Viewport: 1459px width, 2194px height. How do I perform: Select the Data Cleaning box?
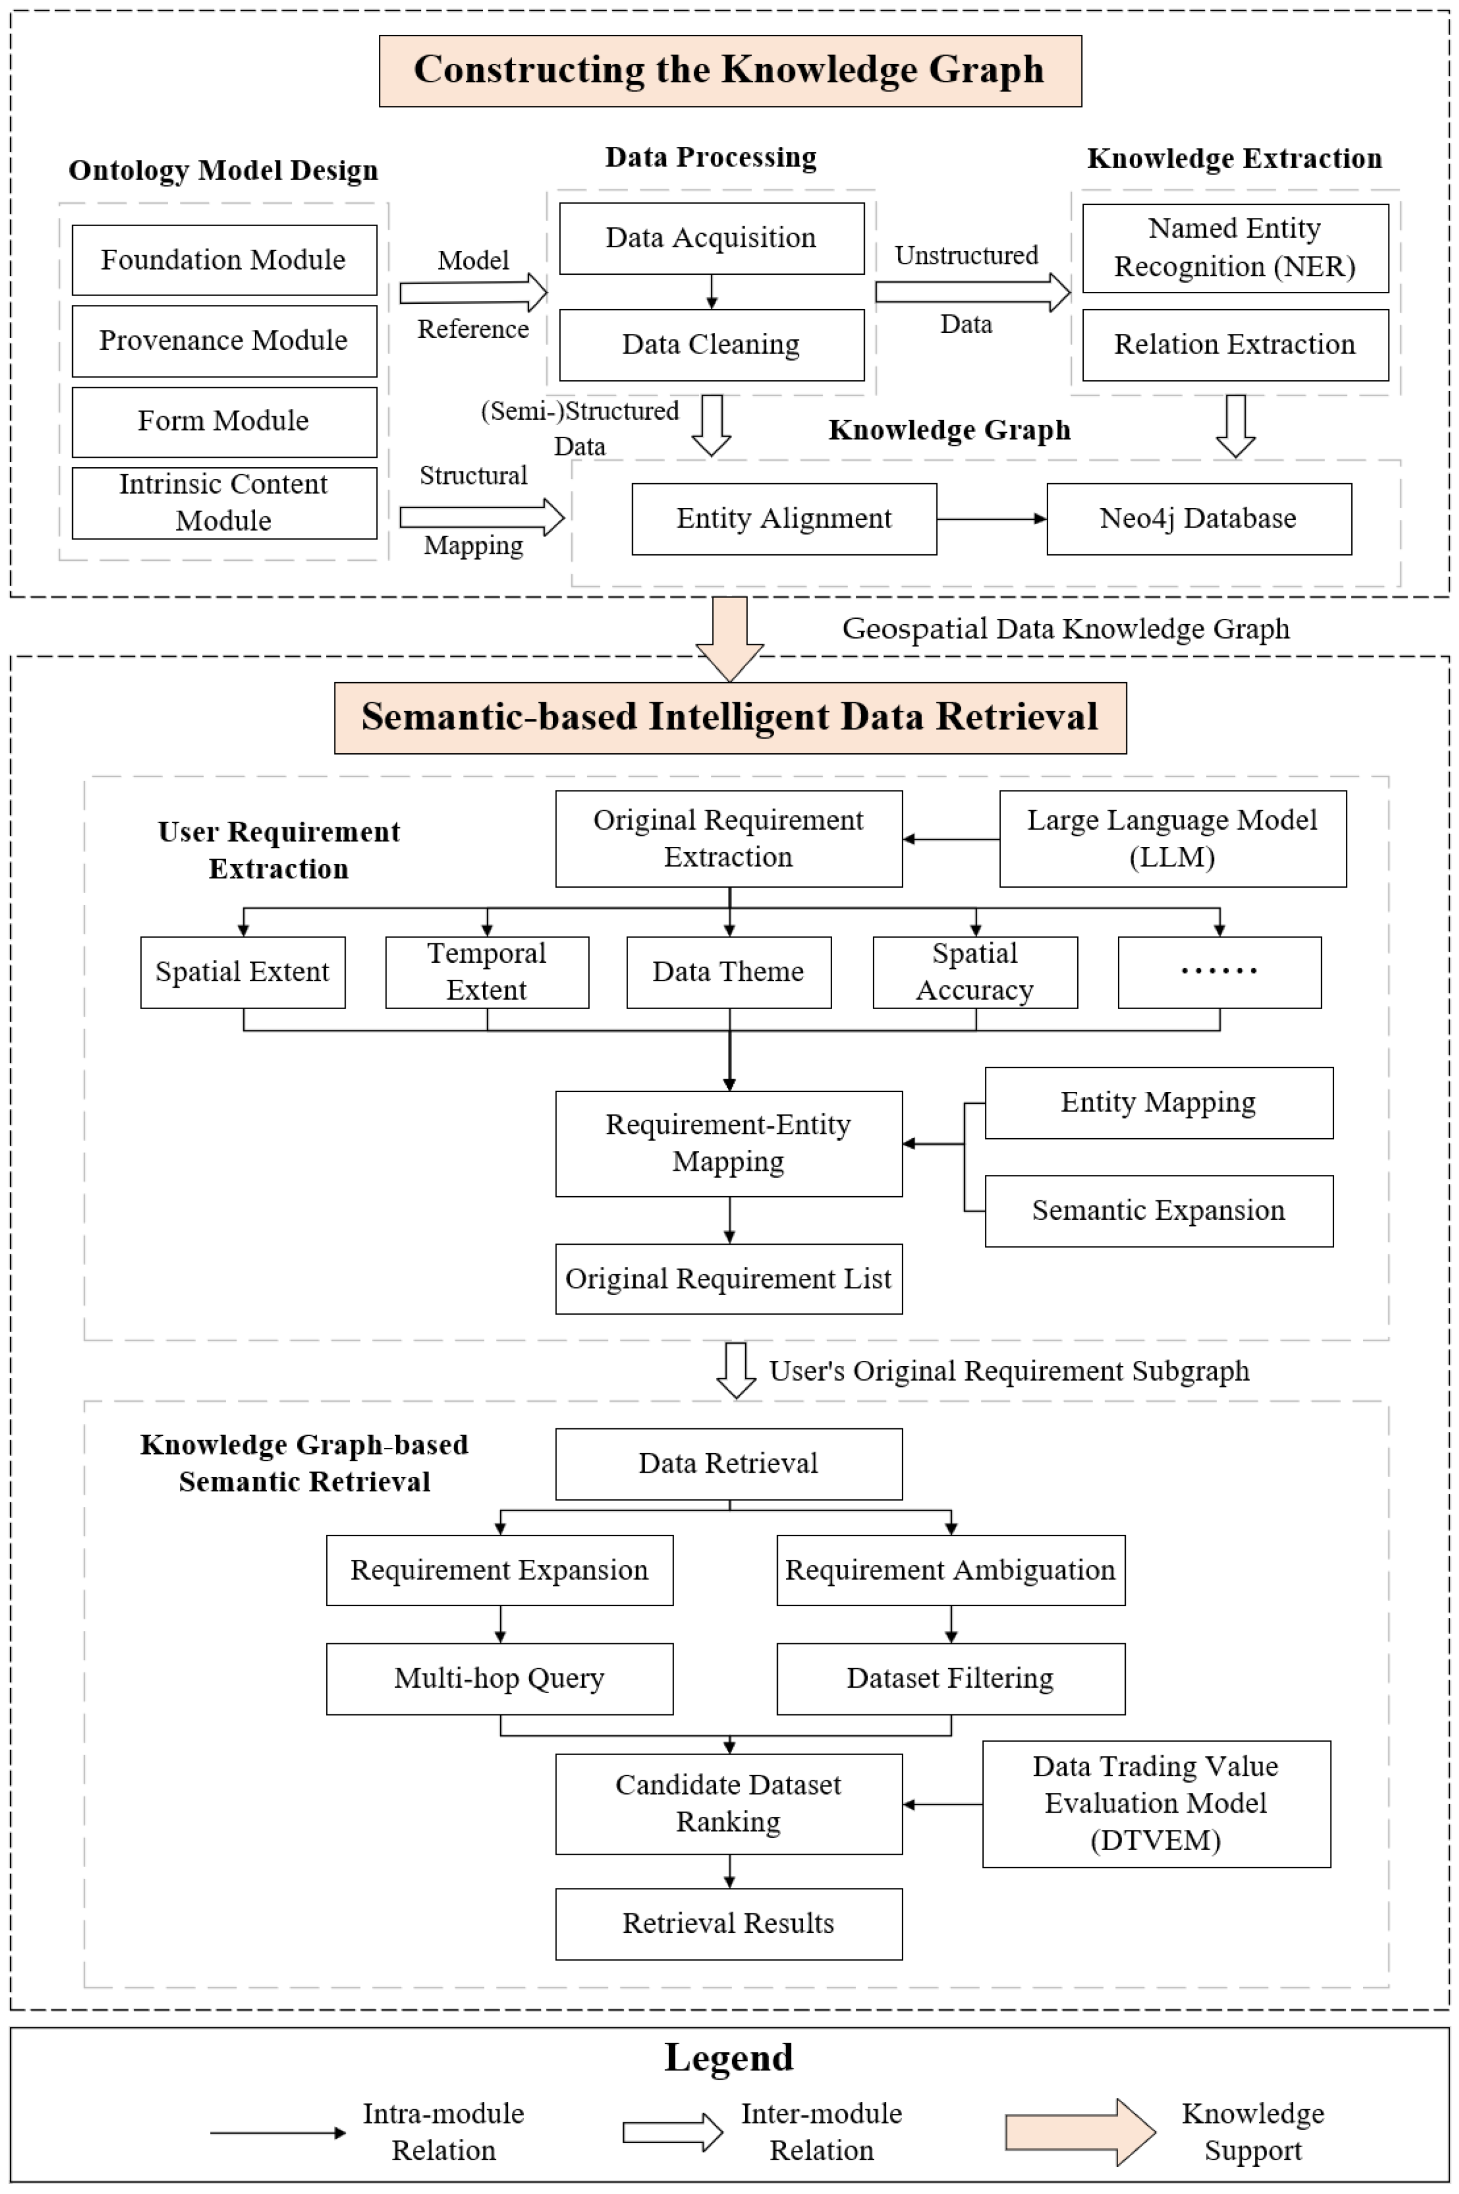coord(711,345)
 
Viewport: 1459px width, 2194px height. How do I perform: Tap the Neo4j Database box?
coord(1199,519)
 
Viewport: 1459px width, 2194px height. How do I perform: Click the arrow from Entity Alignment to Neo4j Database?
coord(991,519)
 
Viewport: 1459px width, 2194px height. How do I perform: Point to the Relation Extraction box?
coord(1235,345)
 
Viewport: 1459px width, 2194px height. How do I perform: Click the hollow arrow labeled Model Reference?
coord(474,293)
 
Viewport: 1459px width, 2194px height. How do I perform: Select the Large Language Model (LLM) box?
coord(1173,838)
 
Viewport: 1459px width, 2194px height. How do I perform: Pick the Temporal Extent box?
coord(487,972)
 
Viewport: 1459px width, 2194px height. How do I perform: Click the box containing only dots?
coord(1219,972)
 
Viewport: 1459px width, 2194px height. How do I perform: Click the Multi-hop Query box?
coord(500,1678)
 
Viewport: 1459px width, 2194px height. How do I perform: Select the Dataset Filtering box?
coord(950,1678)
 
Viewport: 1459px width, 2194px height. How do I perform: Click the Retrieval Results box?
coord(729,1923)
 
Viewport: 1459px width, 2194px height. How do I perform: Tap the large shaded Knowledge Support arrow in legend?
coord(1080,2132)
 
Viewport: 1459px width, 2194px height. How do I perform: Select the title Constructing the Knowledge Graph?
coord(729,70)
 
